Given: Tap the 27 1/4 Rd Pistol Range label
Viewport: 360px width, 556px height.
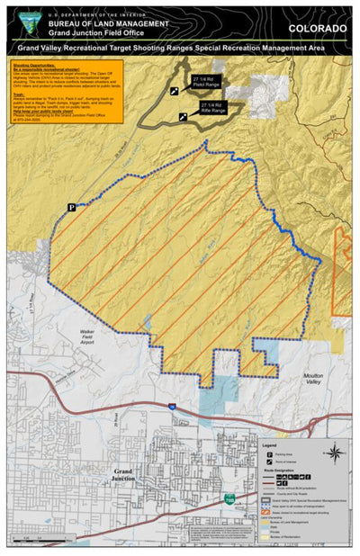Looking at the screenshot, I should (x=204, y=81).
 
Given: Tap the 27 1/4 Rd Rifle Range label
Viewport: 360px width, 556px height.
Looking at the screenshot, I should (x=213, y=108).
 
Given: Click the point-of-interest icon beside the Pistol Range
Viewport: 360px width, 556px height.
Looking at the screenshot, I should (x=174, y=92).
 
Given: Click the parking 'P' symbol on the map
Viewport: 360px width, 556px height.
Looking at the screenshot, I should (x=71, y=208).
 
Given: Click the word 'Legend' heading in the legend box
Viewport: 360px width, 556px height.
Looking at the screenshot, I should (x=267, y=445).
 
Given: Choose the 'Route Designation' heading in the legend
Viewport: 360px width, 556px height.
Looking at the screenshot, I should (x=274, y=470).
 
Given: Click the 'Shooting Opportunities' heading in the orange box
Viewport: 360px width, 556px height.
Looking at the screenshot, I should (x=36, y=65).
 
